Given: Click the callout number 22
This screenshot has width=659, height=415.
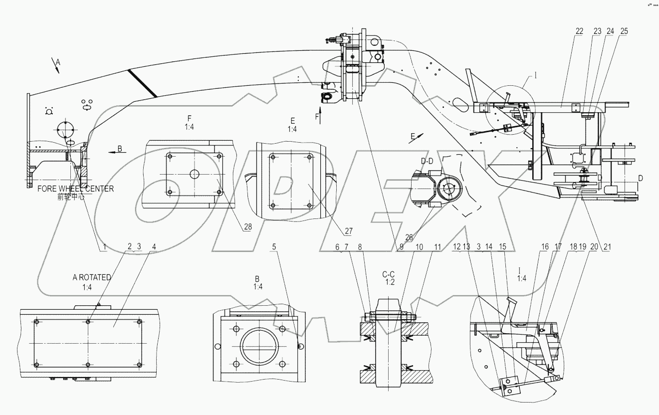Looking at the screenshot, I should (579, 31).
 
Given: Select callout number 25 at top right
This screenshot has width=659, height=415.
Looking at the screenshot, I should (624, 31).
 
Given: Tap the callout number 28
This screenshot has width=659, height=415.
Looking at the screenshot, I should (248, 226).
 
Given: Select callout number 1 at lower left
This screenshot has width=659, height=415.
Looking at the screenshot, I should (104, 246).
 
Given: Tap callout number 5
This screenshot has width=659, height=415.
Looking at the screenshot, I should (274, 246).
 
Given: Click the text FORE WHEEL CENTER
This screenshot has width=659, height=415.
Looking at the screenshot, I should (76, 189).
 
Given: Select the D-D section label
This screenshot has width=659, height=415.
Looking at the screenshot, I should (427, 161).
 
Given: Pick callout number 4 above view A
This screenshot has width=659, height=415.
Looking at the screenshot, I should (154, 246).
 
